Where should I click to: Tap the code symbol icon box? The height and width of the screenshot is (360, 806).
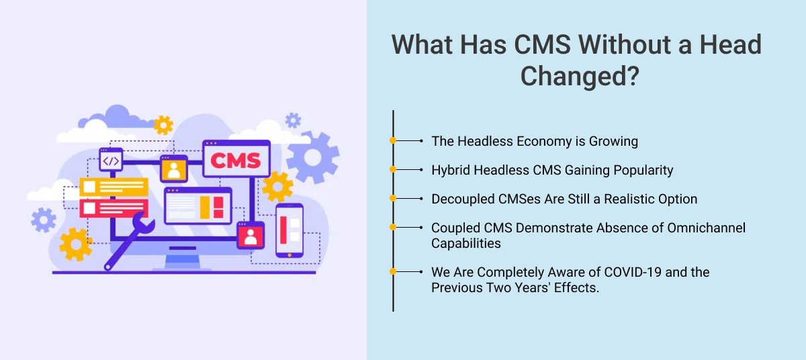pos(110,161)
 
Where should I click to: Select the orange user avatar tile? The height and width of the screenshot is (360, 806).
pos(174,169)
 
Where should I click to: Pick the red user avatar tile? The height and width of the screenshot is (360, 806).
pos(251,234)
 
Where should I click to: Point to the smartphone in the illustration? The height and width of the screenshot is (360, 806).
pos(289,230)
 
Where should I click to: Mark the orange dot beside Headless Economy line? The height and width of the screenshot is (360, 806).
pos(393,141)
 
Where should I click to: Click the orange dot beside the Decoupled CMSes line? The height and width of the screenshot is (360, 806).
pos(393,199)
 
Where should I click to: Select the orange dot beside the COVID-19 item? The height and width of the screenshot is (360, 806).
pos(393,271)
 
